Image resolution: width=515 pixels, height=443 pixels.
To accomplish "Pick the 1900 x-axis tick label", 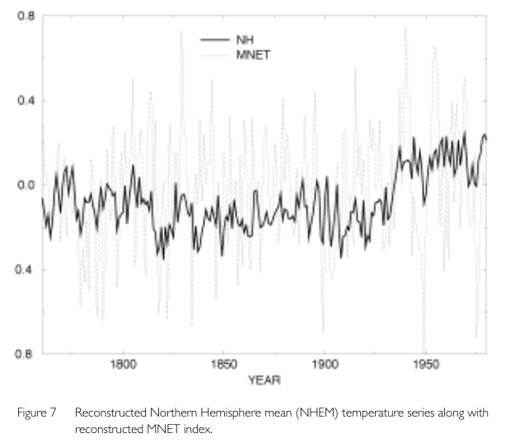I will pyautogui.click(x=325, y=364).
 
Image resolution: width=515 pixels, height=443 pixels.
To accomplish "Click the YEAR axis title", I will pyautogui.click(x=265, y=380).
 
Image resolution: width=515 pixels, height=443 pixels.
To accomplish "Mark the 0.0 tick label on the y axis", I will pyautogui.click(x=24, y=185).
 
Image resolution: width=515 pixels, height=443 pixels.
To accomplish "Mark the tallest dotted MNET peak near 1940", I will pyautogui.click(x=405, y=27).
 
